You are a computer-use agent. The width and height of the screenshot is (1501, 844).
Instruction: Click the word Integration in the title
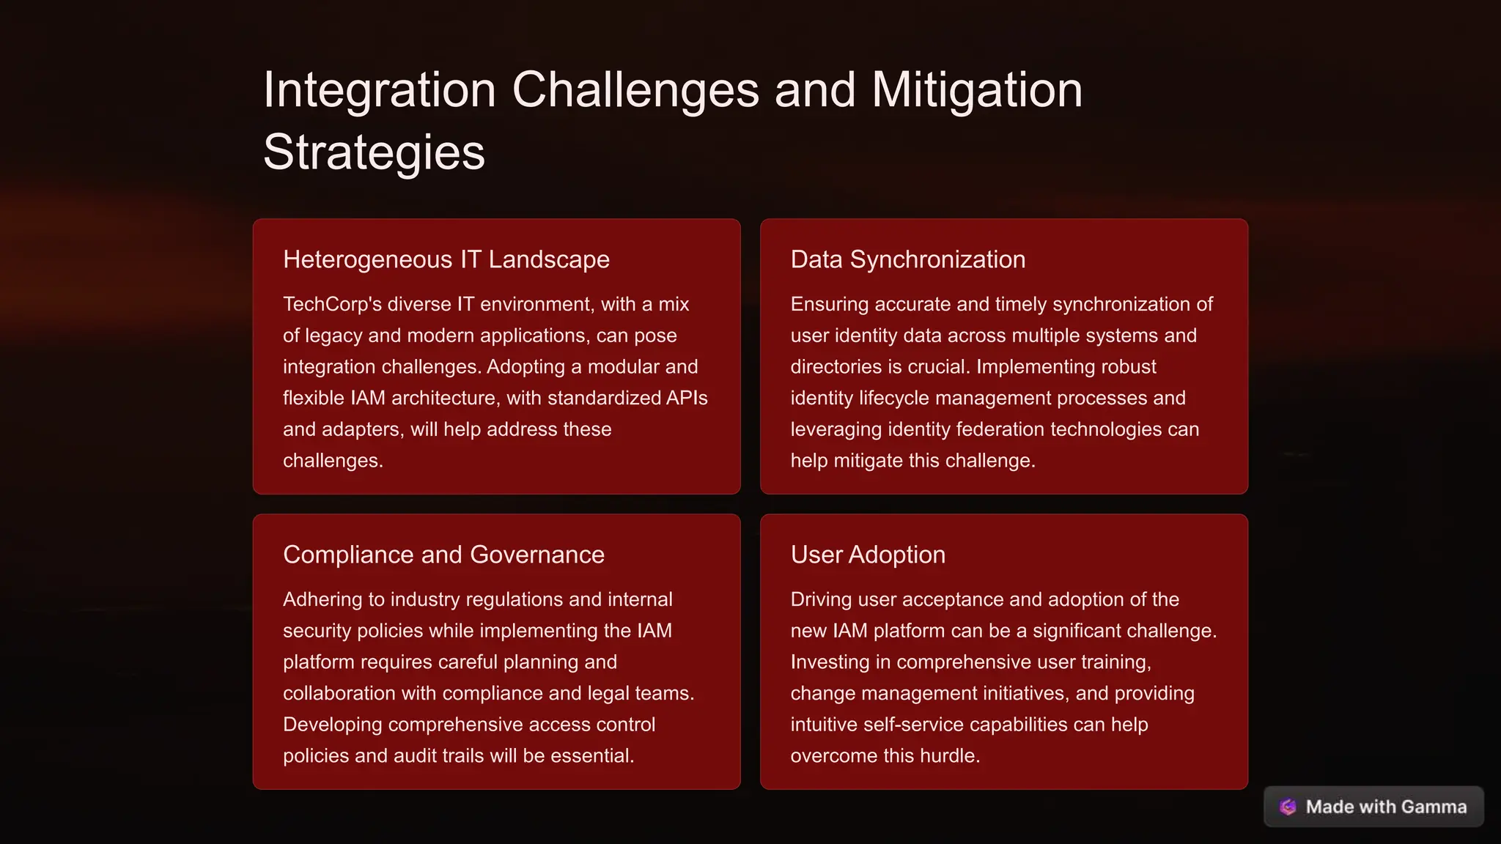coord(380,90)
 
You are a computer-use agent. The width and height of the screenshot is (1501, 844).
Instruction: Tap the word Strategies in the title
coord(374,152)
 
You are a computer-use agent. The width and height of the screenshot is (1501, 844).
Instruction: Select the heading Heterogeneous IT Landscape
coord(446,259)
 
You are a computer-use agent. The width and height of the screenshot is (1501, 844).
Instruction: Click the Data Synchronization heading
coord(907,259)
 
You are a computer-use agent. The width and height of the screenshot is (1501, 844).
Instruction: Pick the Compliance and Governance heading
coord(443,555)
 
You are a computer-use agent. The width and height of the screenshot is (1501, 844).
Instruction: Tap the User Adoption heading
coord(868,555)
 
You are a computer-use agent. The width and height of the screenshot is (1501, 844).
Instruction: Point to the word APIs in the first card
coord(687,398)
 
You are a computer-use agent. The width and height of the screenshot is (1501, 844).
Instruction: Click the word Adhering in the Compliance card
coord(322,599)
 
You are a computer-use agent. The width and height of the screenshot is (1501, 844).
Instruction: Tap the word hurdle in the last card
coord(945,755)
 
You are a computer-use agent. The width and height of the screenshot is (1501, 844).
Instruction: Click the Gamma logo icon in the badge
coord(1288,807)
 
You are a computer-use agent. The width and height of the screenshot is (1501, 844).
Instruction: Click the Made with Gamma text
coord(1386,807)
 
